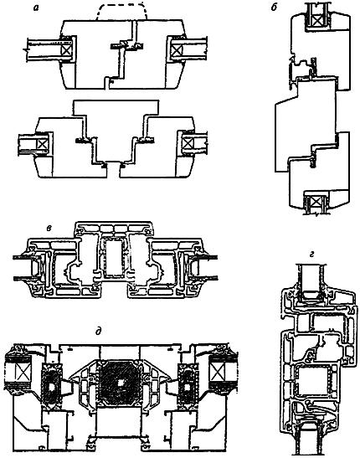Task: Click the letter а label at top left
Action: pyautogui.click(x=36, y=8)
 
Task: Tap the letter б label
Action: pyautogui.click(x=274, y=8)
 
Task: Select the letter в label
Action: pyautogui.click(x=49, y=228)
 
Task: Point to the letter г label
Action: pyautogui.click(x=311, y=255)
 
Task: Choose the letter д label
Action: pyautogui.click(x=99, y=332)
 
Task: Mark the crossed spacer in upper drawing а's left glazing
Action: pyautogui.click(x=66, y=49)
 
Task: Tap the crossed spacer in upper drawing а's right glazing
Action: pyautogui.click(x=176, y=50)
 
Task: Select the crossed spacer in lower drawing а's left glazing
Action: pyautogui.click(x=41, y=144)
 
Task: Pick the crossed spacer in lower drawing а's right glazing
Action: pyautogui.click(x=188, y=143)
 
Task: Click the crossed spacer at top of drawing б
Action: pyautogui.click(x=316, y=20)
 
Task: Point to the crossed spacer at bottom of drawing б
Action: pyautogui.click(x=316, y=202)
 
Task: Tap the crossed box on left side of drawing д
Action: pyautogui.click(x=23, y=373)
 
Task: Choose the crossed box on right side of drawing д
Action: pyautogui.click(x=216, y=373)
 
